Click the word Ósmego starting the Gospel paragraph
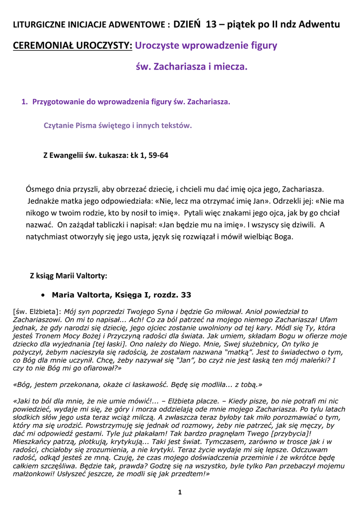coord(41,189)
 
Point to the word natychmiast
coord(47,237)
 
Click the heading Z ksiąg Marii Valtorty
coord(69,276)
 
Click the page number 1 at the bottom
coord(180,492)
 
